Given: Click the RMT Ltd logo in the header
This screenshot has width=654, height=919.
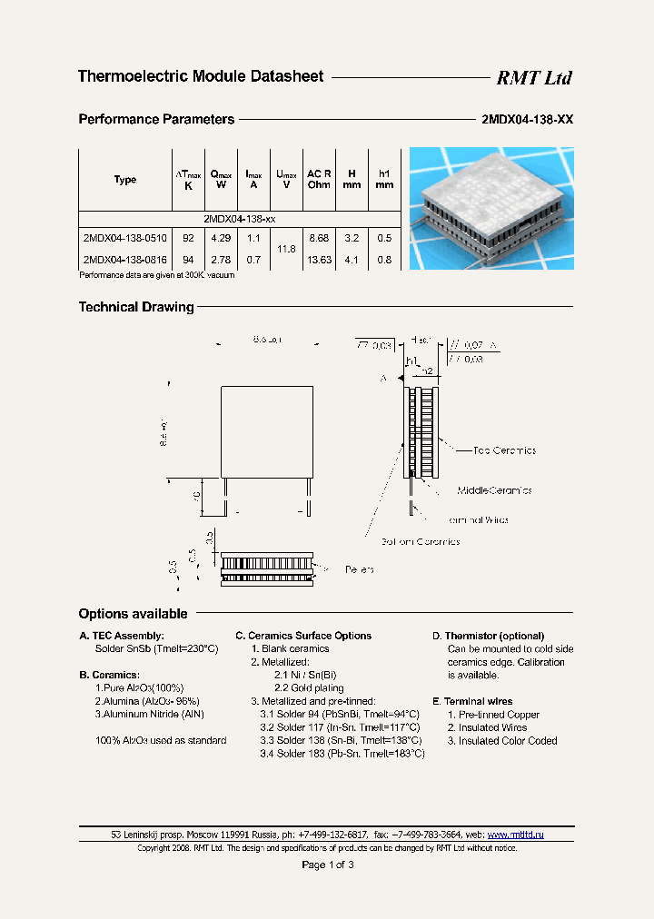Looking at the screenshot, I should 533,78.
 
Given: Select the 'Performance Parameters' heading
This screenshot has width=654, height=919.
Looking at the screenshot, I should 156,119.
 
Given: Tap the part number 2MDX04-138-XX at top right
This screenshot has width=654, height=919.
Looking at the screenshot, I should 526,119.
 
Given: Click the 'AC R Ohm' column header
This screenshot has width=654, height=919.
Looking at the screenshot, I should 319,179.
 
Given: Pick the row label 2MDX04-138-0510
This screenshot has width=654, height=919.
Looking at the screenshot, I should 124,238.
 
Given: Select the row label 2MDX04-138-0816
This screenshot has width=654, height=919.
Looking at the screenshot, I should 124,260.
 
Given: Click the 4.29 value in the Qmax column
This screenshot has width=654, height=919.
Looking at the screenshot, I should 221,238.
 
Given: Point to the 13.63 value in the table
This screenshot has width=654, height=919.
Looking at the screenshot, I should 319,260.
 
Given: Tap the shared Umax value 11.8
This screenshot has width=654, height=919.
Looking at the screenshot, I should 286,248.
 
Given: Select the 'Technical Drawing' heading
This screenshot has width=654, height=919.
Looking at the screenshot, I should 136,307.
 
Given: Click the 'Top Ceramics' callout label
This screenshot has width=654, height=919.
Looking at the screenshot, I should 504,450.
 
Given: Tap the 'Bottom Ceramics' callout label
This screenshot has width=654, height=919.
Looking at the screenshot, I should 420,542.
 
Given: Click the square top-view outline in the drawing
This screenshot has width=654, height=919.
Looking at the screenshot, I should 268,431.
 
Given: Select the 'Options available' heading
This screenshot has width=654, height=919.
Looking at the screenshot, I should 133,614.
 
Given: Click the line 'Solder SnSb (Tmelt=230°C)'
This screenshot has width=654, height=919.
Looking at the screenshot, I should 157,649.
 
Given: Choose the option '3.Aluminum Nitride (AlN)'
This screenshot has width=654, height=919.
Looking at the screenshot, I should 150,715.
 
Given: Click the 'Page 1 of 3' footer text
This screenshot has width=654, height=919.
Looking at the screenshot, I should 327,865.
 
